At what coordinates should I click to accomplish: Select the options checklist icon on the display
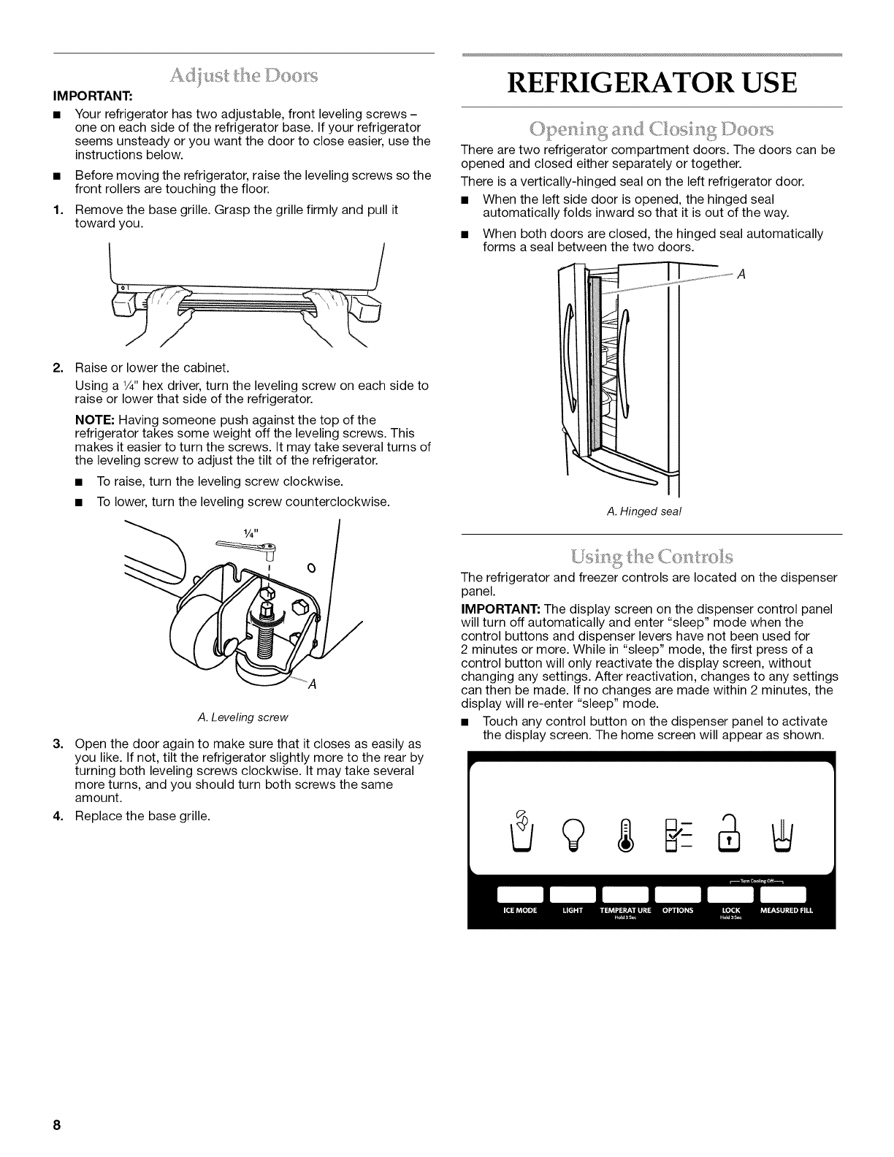pyautogui.click(x=679, y=832)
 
